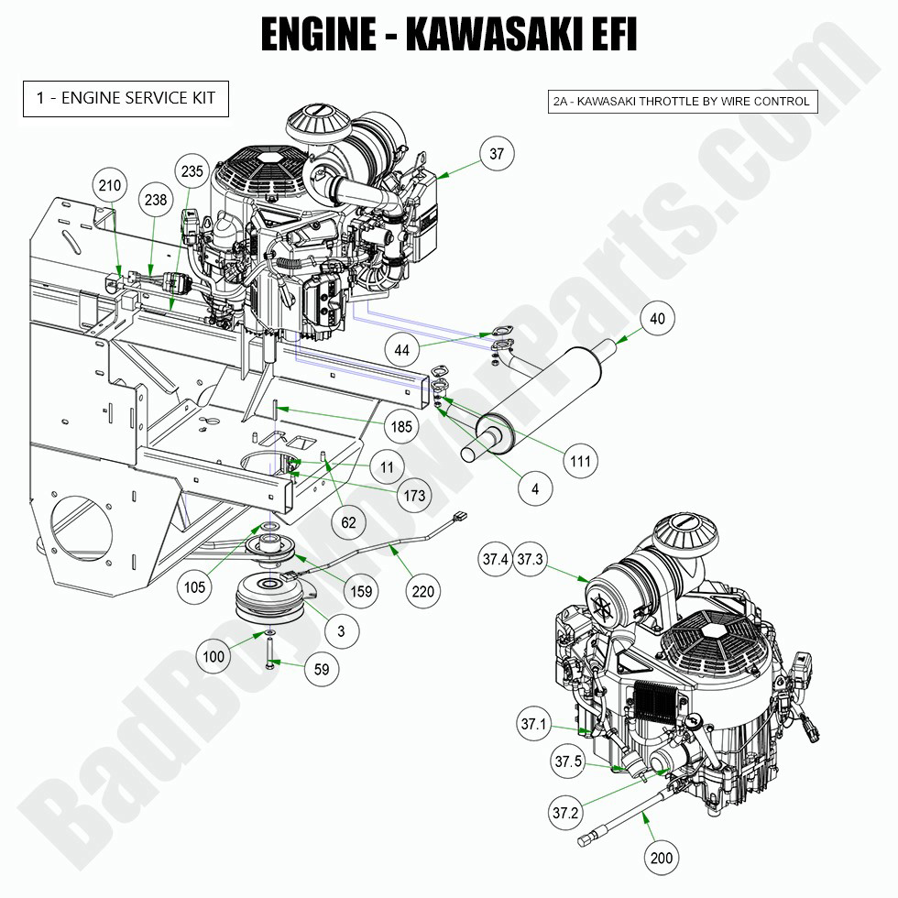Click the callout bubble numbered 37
[496, 154]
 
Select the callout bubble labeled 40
[657, 319]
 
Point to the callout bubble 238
[155, 198]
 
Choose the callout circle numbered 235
[192, 171]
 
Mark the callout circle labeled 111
[580, 461]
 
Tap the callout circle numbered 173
[414, 496]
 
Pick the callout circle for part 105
[194, 587]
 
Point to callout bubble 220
[422, 592]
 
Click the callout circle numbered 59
[322, 670]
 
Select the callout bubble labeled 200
[661, 858]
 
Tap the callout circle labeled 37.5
[567, 761]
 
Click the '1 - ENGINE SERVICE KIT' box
[126, 99]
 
